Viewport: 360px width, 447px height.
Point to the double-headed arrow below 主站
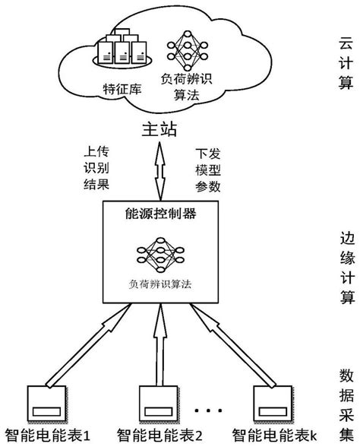(160, 171)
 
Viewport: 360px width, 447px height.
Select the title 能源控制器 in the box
(160, 215)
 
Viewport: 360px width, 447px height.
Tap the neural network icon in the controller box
(160, 255)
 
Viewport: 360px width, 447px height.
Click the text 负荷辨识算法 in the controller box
(160, 283)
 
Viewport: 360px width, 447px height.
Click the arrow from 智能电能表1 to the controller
(84, 350)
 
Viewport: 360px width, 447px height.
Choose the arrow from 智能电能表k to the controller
(236, 350)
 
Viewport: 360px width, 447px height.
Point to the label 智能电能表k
(274, 437)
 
